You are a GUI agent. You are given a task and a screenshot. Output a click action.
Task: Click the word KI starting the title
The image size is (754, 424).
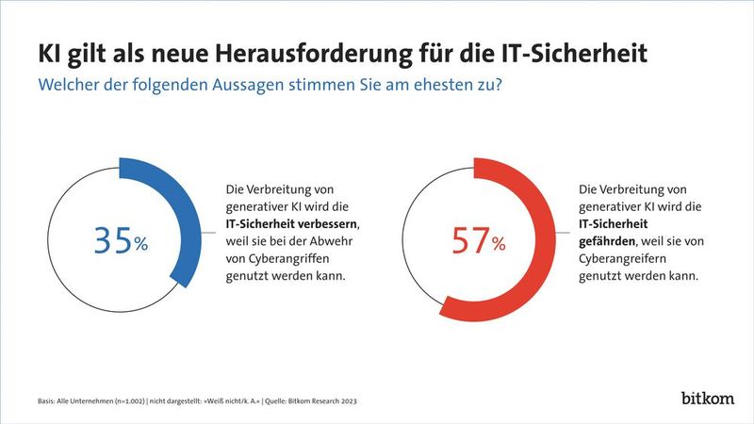point(49,53)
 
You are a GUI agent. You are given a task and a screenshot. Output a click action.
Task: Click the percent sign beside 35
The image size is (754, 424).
point(140,245)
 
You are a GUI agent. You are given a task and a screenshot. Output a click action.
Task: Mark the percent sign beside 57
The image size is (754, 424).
point(499,245)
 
